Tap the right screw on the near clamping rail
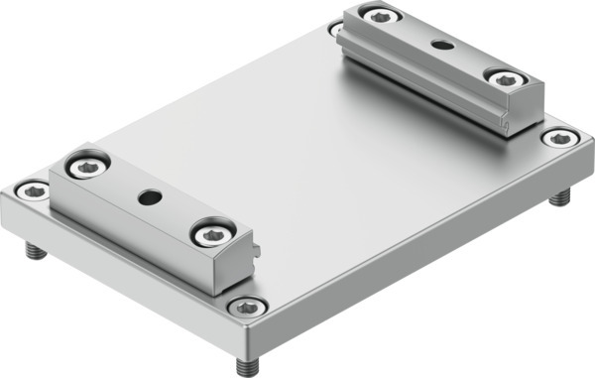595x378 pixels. [211, 233]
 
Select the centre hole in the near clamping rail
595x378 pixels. [148, 198]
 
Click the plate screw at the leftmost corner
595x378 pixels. [33, 188]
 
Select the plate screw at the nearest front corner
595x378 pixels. [245, 308]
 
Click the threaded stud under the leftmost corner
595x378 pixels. [35, 252]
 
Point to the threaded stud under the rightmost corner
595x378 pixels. [561, 200]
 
